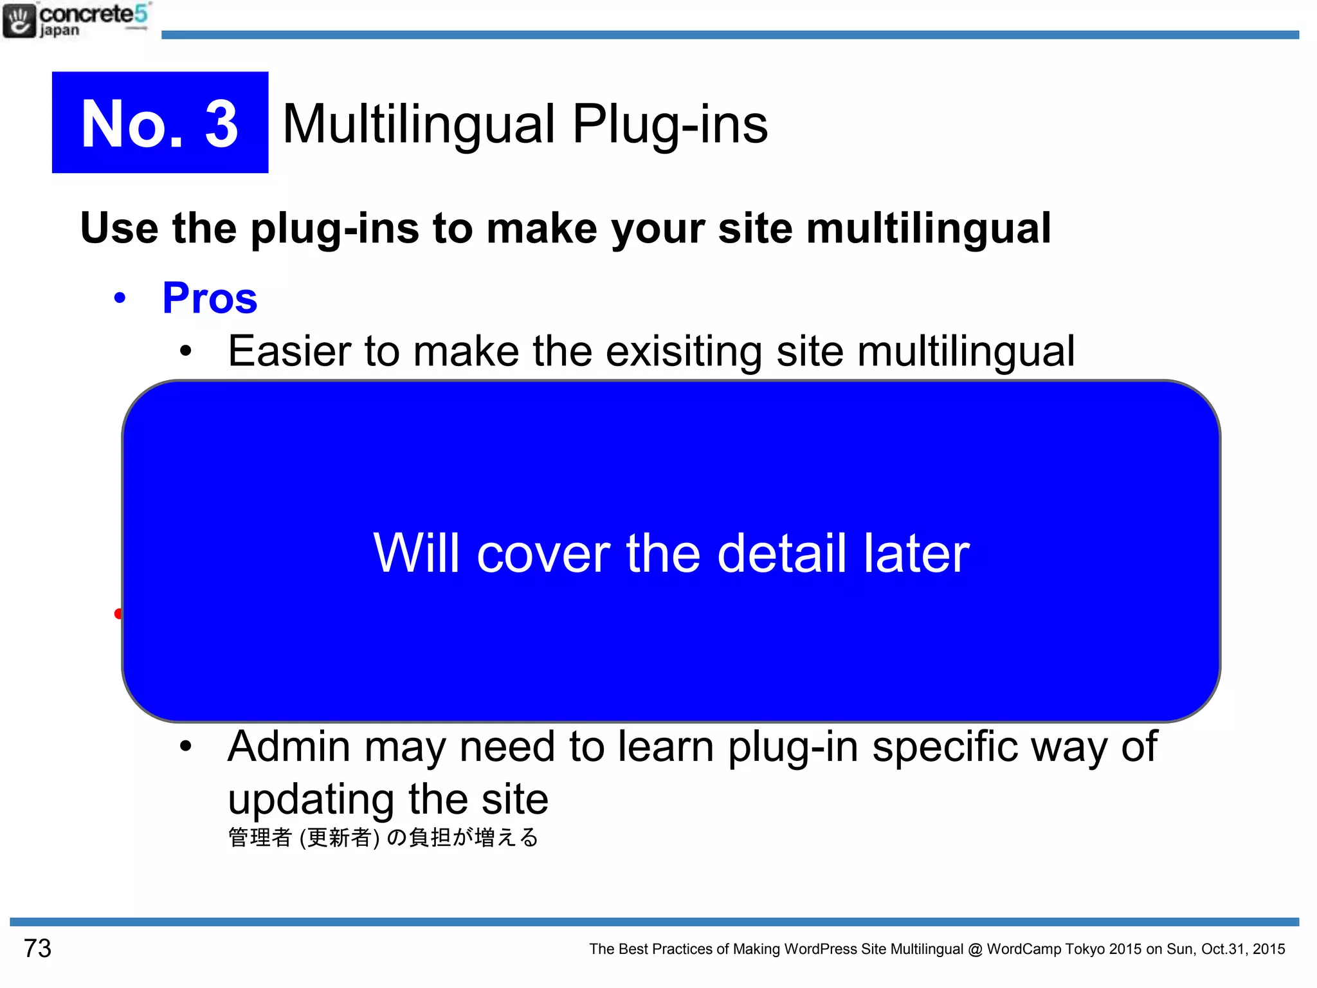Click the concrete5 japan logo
click(x=76, y=21)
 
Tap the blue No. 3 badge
click(x=160, y=122)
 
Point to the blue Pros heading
click(x=210, y=298)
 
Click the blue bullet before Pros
click(x=120, y=298)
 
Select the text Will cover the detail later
click(x=671, y=553)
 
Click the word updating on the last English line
click(x=311, y=800)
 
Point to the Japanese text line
click(x=383, y=837)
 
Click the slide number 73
click(x=37, y=948)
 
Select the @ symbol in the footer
click(x=975, y=949)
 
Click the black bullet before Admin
click(x=186, y=747)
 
